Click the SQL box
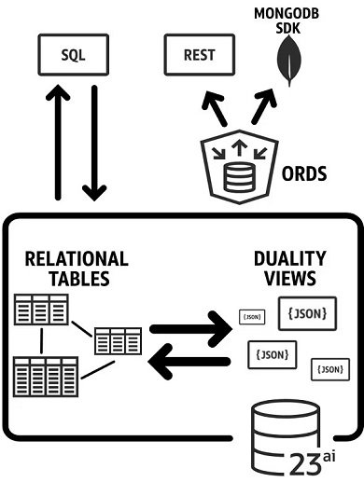point(73,55)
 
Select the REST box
point(199,55)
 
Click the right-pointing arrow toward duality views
point(190,329)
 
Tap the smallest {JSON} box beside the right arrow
point(252,317)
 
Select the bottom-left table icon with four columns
point(45,378)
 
